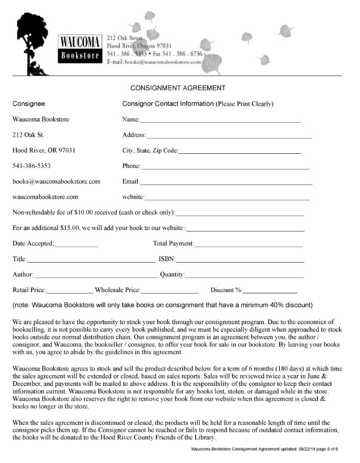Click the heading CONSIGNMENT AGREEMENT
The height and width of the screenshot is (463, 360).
[178, 88]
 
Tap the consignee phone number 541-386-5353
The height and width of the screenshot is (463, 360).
[32, 166]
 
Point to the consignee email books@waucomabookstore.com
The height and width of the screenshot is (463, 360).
[57, 181]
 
